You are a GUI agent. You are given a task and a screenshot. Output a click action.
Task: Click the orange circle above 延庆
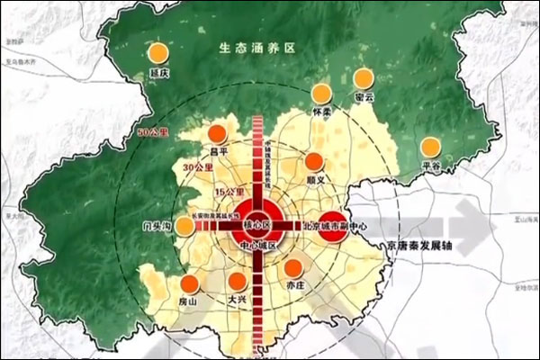[x=158, y=52]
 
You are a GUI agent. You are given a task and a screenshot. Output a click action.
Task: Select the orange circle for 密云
[x=364, y=78]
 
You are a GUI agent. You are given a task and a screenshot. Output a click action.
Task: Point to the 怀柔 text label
[x=322, y=114]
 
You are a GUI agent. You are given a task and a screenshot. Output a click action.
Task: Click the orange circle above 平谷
[x=433, y=147]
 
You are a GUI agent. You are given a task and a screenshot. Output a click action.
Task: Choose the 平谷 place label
[x=433, y=168]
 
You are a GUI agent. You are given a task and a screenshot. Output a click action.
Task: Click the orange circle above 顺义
[x=314, y=162]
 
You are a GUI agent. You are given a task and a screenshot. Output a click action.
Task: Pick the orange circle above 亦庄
[x=293, y=267]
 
